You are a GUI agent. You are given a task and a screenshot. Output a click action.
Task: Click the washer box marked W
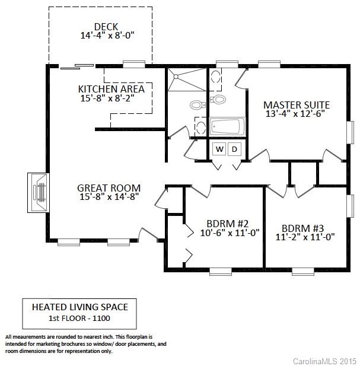click(x=219, y=148)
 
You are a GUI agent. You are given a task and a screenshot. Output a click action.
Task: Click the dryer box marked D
click(x=234, y=148)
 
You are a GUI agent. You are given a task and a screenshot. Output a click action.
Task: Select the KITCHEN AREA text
click(x=111, y=89)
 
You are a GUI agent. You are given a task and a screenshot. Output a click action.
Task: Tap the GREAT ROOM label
click(x=109, y=188)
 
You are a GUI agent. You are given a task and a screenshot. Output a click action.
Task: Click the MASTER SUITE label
click(x=296, y=105)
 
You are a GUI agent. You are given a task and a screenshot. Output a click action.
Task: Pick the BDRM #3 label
click(x=303, y=228)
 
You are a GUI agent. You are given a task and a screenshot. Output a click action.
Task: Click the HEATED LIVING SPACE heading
click(x=79, y=307)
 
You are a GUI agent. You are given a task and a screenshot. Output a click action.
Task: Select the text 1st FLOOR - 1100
click(x=79, y=319)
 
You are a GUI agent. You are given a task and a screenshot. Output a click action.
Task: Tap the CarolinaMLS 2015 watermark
click(x=325, y=361)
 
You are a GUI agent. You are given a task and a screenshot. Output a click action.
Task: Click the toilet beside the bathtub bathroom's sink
click(x=218, y=98)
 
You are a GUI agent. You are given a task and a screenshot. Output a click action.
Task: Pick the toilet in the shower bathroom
click(x=196, y=105)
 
